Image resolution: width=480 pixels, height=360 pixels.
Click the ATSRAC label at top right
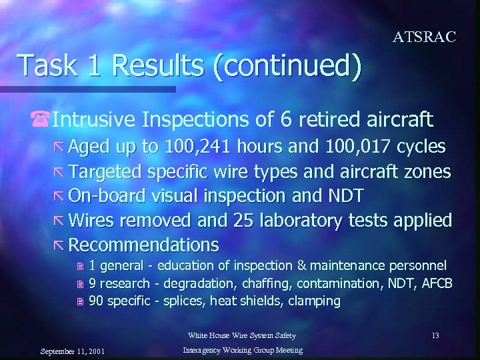pos(425,37)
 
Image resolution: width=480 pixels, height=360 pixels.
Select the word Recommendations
pos(143,244)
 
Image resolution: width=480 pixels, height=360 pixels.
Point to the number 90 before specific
pos(95,301)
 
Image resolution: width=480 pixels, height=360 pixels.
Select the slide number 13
pos(435,335)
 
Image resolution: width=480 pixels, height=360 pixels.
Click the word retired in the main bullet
pos(324,120)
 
